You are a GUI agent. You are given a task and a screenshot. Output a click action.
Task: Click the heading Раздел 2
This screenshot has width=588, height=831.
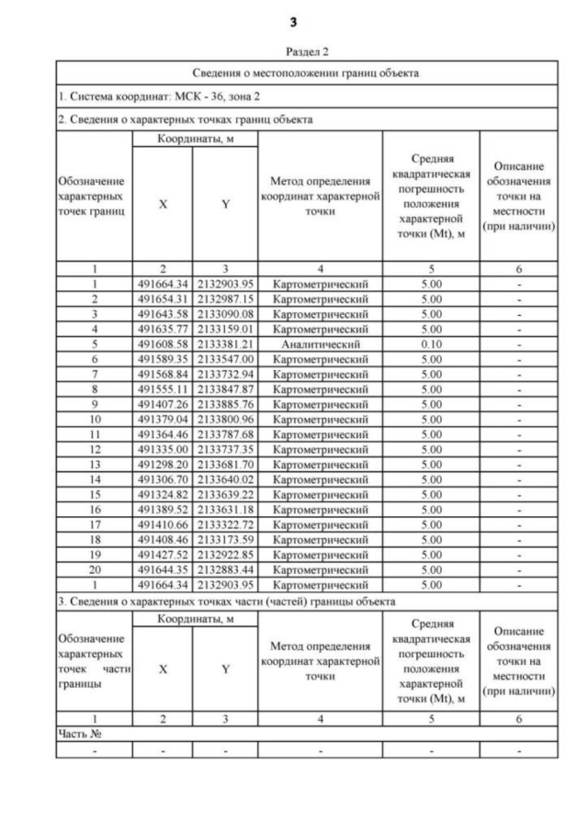coord(307,52)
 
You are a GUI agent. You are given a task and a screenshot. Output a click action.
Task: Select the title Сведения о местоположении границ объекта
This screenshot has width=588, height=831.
coord(307,73)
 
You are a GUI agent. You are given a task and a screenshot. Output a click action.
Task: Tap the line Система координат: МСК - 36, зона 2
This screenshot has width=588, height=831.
coord(160,95)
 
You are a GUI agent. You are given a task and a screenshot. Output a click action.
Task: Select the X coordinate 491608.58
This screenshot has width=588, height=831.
coord(163,344)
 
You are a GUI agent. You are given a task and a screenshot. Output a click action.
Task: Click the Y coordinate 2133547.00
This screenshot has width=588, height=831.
coord(225,359)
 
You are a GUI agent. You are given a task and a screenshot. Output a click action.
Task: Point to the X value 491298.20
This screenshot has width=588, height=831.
coord(163,464)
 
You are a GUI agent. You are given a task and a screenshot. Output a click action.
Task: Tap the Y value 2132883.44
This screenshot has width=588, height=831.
coord(225,568)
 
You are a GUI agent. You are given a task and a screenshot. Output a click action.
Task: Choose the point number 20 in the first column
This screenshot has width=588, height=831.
coord(94,568)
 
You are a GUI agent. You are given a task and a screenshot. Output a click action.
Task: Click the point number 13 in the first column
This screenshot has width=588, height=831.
coord(94,464)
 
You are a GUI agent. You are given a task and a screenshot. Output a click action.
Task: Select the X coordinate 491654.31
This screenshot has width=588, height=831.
coord(163,299)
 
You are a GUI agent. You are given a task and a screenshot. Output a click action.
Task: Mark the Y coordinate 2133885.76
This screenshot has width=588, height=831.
coord(225,404)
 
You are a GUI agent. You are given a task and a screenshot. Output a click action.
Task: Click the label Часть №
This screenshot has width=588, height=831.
coord(79,734)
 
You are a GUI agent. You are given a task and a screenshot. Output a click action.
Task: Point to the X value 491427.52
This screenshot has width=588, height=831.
coord(163,554)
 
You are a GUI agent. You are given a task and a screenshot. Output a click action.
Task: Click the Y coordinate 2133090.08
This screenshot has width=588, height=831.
coord(225,314)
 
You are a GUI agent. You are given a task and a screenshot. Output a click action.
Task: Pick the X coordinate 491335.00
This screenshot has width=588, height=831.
coord(163,449)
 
